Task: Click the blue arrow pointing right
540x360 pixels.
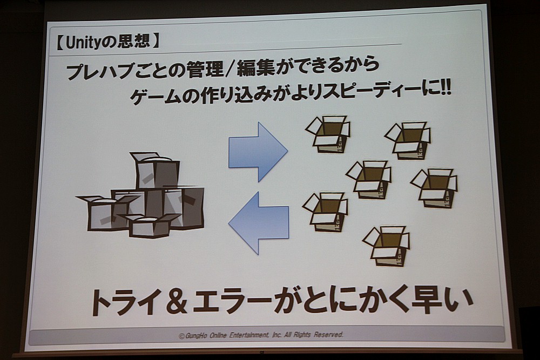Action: coord(258,152)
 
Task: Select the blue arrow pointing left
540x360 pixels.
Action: coord(259,222)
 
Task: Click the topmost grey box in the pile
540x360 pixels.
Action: coord(155,170)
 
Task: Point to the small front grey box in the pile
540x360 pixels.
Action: coord(150,225)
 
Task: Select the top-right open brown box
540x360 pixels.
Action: coord(408,140)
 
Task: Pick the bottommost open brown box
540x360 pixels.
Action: coord(387,246)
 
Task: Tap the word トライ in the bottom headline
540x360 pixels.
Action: coord(122,302)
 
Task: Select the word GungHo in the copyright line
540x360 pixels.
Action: coord(195,336)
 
